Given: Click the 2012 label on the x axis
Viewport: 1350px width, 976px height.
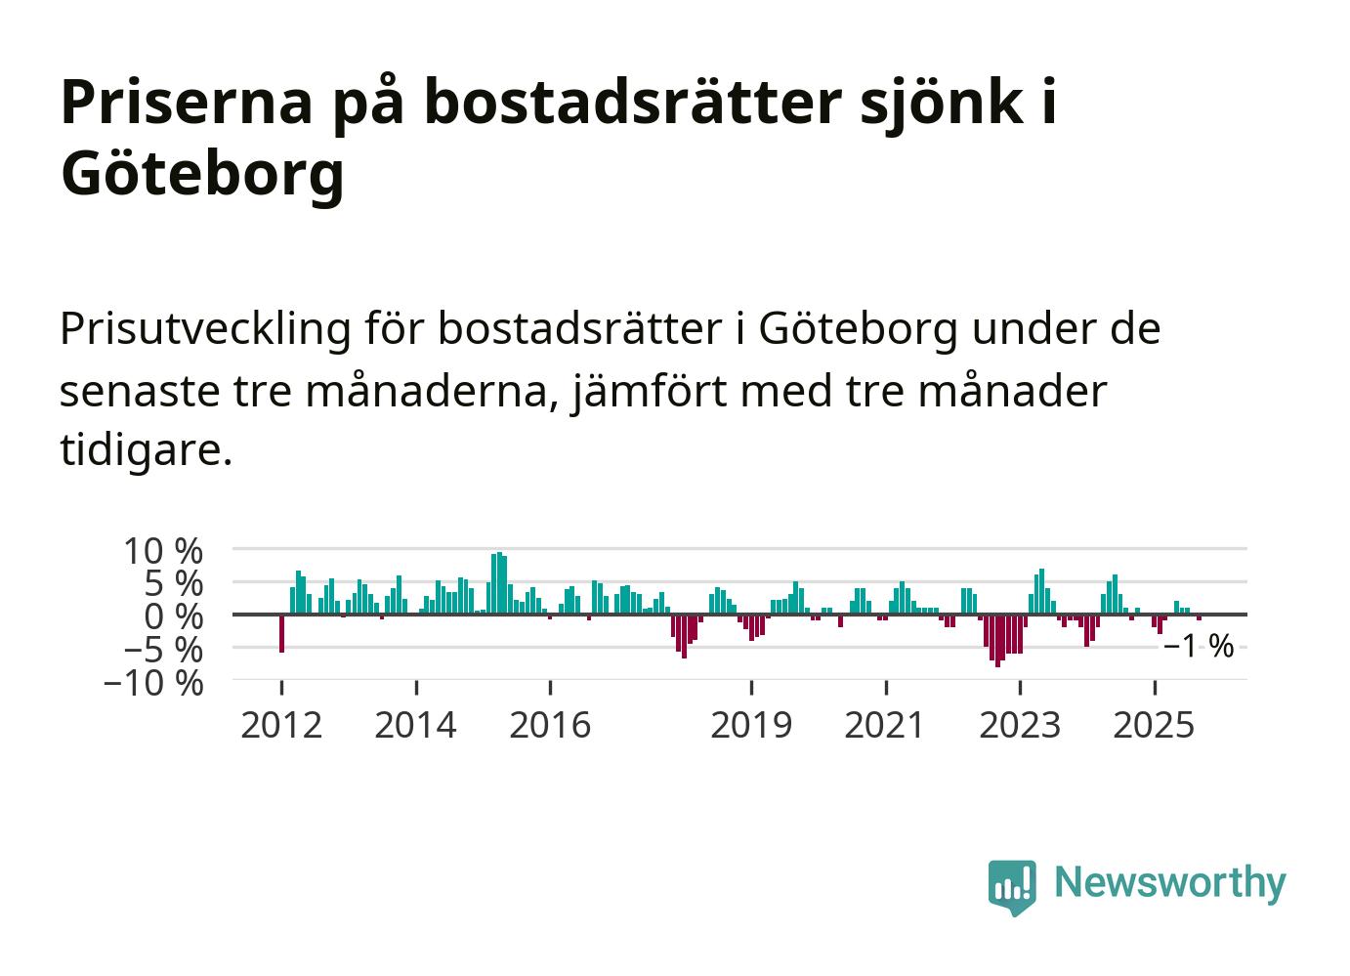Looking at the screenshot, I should pos(281,726).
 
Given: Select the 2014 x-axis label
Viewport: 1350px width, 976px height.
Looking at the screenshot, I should pos(416,726).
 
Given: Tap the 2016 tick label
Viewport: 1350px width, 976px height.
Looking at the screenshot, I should pos(550,726).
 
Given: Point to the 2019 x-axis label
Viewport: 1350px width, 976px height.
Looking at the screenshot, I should pos(751,726).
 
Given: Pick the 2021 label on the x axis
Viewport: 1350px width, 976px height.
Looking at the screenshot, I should pos(885,726).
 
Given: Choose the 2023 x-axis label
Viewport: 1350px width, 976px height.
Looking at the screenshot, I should pos(1020,726).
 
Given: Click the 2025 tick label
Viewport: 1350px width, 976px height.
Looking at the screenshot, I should pos(1154,726).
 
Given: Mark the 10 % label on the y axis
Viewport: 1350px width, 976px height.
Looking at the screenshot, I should pos(163,551).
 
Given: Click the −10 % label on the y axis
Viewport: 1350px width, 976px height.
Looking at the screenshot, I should pos(153,682).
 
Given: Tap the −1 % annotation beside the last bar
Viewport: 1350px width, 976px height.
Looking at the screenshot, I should pos(1199,646).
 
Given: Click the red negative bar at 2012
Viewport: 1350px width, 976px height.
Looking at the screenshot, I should pos(281,632).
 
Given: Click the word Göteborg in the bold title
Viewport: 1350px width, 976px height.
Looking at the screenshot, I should pos(203,174).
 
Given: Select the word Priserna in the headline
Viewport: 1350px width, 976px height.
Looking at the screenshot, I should pos(185,102).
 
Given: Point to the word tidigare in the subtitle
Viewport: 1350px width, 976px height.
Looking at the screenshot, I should pos(146,450).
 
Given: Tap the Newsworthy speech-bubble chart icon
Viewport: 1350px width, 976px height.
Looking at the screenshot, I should pos(1012,885).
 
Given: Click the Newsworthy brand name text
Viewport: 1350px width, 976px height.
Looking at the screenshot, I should pos(1170,882).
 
